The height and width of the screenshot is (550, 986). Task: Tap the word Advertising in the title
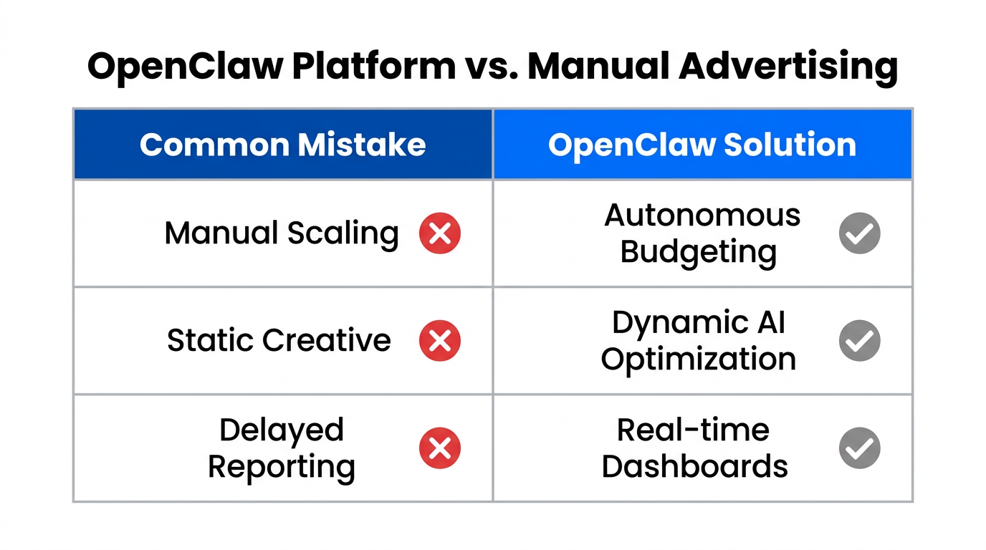pos(788,67)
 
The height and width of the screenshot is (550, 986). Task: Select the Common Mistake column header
pos(282,145)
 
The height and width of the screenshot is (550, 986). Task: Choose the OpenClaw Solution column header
pos(702,145)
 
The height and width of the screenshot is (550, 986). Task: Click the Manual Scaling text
pos(282,233)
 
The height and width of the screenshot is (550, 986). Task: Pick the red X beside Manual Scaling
pos(439,233)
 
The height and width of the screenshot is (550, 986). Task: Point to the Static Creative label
pos(279,340)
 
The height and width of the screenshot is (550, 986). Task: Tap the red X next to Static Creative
pos(439,340)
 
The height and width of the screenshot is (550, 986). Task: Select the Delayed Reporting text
pos(282,448)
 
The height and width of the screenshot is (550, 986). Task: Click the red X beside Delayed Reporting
pos(439,448)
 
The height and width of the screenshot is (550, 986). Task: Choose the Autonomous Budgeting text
pos(702,233)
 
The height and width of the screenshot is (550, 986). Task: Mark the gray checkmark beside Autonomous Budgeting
pos(859,233)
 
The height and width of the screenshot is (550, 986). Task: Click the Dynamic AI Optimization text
pos(699,340)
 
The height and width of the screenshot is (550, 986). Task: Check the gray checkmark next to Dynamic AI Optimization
pos(859,340)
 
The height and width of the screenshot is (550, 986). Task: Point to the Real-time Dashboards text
pos(694,448)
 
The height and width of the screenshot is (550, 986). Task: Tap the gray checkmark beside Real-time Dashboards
pos(859,448)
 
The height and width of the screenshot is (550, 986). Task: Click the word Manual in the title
pos(598,67)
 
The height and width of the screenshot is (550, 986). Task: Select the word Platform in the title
pos(374,67)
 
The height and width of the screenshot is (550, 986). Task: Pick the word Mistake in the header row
pos(362,145)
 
